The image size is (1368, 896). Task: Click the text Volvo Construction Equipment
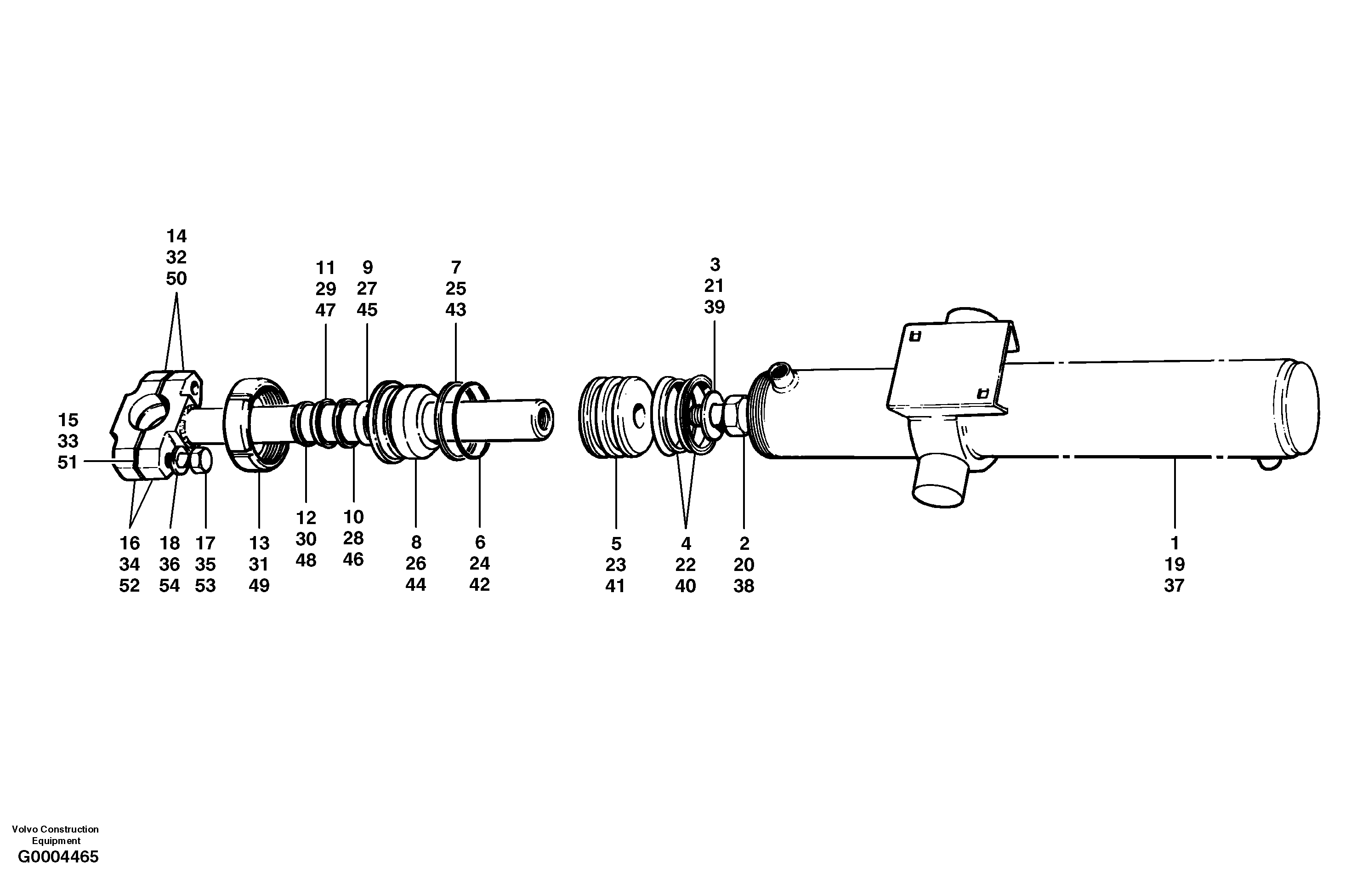click(55, 834)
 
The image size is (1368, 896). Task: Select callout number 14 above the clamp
click(176, 236)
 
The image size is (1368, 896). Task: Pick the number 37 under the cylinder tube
click(1174, 585)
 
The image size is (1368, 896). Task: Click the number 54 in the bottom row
click(170, 585)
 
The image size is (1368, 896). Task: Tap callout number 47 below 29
click(325, 310)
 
